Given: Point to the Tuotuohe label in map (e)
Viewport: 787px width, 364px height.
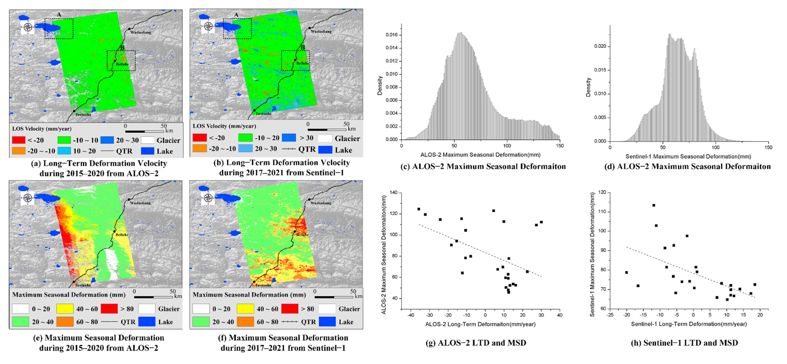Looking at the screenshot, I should tap(83, 285).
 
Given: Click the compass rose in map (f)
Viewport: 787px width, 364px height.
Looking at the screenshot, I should tap(208, 198).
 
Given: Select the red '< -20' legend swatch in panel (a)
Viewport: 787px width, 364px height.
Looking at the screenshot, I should tap(18, 140).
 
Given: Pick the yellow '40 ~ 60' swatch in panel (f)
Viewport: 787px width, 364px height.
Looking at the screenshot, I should tap(245, 309).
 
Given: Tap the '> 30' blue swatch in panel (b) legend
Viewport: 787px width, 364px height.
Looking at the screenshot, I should tap(289, 138).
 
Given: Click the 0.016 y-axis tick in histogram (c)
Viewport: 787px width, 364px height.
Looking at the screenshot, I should tap(391, 35).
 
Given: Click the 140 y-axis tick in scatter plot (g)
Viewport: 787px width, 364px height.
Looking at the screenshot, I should tap(394, 193).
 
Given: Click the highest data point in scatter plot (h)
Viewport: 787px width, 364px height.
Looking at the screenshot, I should tap(654, 205).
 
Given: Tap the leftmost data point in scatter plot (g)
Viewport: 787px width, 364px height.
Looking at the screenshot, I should tap(419, 209).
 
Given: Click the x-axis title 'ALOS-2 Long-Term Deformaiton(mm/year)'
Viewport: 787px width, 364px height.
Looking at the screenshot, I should tap(480, 324).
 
